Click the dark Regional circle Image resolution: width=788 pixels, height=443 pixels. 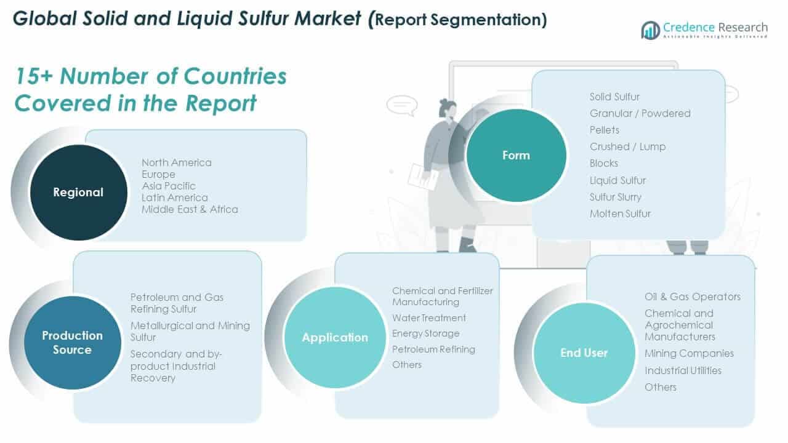(78, 192)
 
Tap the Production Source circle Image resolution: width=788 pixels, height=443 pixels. (72, 343)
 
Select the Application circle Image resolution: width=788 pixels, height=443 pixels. (334, 337)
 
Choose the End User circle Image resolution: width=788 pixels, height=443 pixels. (584, 353)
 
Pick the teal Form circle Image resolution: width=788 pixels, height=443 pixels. (516, 155)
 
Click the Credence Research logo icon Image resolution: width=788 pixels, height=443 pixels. (650, 30)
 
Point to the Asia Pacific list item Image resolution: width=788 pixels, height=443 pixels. (169, 186)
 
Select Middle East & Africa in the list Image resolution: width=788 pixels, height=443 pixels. (190, 209)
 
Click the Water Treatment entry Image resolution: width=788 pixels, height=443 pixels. (429, 318)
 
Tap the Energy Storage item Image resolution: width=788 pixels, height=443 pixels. (426, 333)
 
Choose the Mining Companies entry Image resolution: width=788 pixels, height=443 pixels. (689, 353)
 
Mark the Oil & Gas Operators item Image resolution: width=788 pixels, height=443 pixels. (693, 297)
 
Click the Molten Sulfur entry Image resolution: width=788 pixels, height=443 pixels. (620, 214)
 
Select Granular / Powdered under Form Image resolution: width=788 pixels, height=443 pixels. (640, 113)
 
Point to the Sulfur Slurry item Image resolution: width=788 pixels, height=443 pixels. (616, 197)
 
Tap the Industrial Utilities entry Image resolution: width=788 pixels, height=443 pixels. (683, 370)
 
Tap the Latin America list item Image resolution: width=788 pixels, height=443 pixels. (175, 198)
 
